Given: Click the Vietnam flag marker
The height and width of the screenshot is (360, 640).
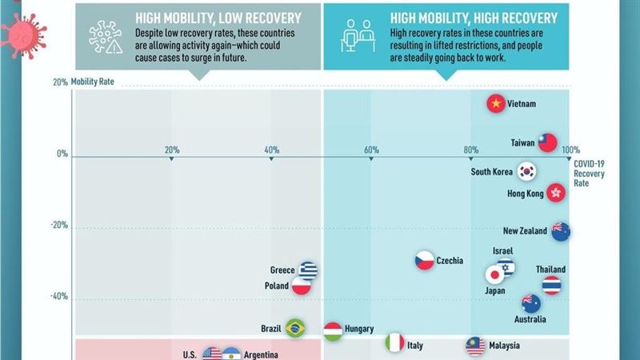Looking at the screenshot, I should coord(497,104).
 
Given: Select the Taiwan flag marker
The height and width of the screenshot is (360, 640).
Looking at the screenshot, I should coord(546,142).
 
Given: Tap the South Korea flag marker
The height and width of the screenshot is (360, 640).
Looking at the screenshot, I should coord(526,171).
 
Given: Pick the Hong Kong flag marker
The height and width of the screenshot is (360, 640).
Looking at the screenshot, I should coord(556,193).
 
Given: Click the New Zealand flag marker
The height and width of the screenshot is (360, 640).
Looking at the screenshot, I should coord(561,231).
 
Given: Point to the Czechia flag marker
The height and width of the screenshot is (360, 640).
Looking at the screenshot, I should coord(424,261).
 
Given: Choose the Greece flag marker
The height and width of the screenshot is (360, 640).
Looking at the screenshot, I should coord(308,270).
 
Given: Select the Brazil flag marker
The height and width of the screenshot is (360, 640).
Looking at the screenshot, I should coord(295,328).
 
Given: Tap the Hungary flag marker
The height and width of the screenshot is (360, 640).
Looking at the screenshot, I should coord(334,328).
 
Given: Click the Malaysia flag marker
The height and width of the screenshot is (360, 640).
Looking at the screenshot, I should coord(476,346).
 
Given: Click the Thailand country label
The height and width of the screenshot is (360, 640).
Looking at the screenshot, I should coord(550,270).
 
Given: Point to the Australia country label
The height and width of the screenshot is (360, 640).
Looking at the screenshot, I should coord(530,319).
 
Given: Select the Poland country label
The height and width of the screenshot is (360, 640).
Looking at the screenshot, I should coord(277,286).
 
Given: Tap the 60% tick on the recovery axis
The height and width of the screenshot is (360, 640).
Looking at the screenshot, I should coord(370,150).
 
